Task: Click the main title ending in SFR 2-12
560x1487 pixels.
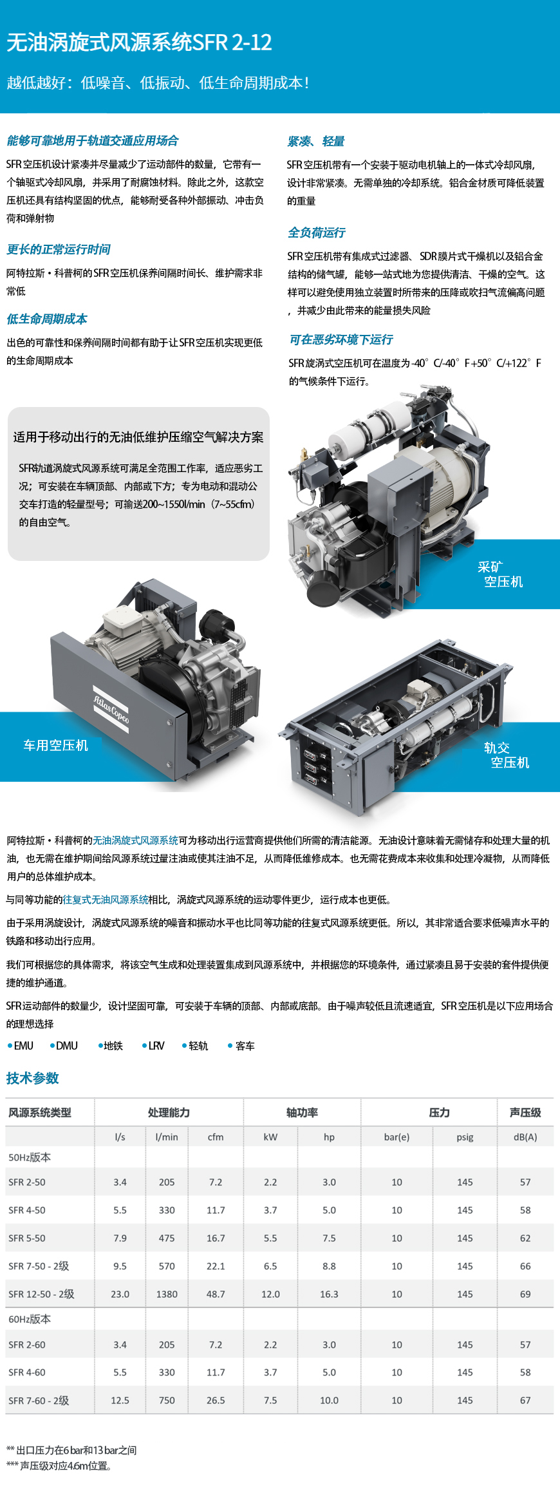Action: click(x=139, y=43)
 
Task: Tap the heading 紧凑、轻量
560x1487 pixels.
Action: click(x=315, y=141)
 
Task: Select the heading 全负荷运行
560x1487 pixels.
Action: click(x=316, y=232)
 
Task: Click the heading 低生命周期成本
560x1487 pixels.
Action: click(x=46, y=319)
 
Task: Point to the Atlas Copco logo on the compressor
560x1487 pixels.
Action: click(x=111, y=709)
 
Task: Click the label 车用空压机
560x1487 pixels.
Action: click(x=55, y=745)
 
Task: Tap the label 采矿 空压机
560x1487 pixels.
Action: click(x=500, y=574)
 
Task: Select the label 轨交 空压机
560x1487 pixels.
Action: click(x=507, y=755)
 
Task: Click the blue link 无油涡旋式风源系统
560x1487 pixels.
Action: click(x=135, y=840)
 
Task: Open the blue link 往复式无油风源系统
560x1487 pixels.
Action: click(x=106, y=900)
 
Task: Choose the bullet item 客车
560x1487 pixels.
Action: click(x=241, y=1046)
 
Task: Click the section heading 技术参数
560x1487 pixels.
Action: click(x=32, y=1078)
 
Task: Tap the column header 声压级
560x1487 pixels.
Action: click(x=525, y=1112)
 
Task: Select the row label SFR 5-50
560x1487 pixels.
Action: click(x=27, y=1238)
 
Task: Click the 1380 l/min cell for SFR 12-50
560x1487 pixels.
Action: click(x=167, y=1294)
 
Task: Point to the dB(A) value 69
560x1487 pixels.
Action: click(x=525, y=1294)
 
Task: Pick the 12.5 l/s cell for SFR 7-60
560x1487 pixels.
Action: click(x=120, y=1400)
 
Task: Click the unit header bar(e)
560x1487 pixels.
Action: click(x=397, y=1137)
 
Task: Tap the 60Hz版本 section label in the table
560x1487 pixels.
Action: click(x=30, y=1319)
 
